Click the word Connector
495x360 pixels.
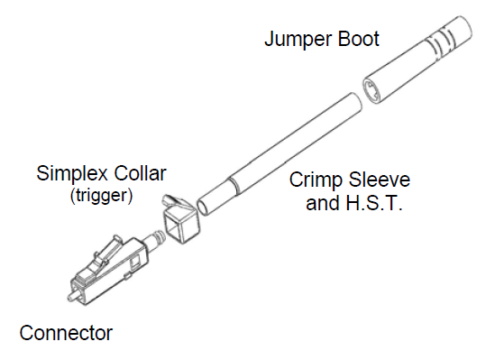pyautogui.click(x=66, y=334)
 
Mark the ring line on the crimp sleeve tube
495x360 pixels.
pyautogui.click(x=233, y=187)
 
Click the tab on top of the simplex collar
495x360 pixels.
pyautogui.click(x=169, y=199)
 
